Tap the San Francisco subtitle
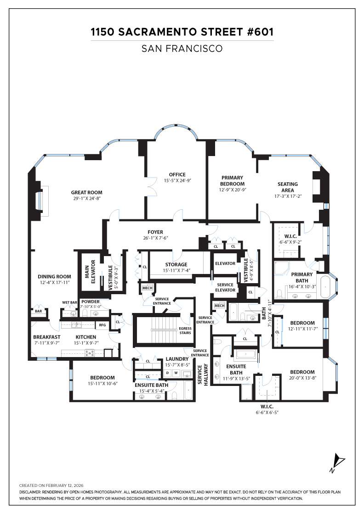point(182,48)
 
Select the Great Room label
point(86,192)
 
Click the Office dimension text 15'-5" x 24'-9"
point(177,180)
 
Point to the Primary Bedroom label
point(232,180)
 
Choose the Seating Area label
point(288,187)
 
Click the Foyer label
point(155,232)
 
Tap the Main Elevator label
point(90,271)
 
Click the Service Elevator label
point(226,287)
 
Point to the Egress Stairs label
point(186,330)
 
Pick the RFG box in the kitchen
point(102,325)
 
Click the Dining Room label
point(54,276)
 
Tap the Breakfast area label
point(46,336)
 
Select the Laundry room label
point(177,359)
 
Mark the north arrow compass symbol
point(339,461)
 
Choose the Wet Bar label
point(70,302)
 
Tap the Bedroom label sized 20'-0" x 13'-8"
point(302,372)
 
